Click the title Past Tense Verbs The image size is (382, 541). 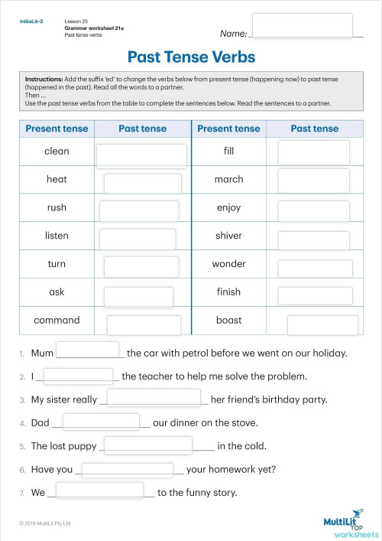[x=191, y=57]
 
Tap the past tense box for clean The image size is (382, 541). [x=141, y=155]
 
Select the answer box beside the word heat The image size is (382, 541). [x=142, y=183]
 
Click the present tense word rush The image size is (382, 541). [x=57, y=207]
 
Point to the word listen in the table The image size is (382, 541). [x=57, y=236]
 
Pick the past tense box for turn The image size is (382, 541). [x=141, y=266]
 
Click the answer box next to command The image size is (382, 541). [x=144, y=324]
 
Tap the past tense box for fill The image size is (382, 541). [x=313, y=152]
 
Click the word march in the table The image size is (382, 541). [x=228, y=179]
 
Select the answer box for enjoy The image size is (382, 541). [x=313, y=209]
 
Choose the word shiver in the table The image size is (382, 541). [x=228, y=236]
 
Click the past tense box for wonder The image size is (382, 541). [x=314, y=268]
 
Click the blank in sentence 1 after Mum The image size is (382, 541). [x=88, y=350]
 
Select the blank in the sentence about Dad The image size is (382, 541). [x=102, y=421]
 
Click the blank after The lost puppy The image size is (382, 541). [x=147, y=445]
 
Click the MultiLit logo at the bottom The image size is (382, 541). [x=351, y=523]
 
